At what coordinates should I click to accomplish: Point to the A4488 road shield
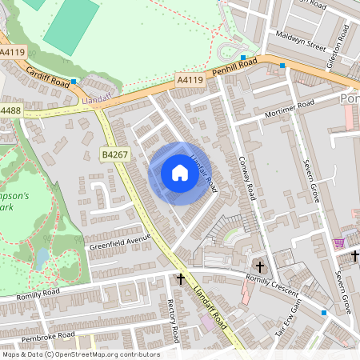(10, 110)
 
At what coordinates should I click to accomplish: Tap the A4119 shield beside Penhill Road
(190, 78)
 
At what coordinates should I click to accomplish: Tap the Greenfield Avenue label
(120, 239)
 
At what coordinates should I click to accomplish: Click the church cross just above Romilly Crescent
(259, 266)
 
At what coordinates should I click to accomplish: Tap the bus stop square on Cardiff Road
(74, 82)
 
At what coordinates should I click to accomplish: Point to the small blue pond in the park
(42, 258)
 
